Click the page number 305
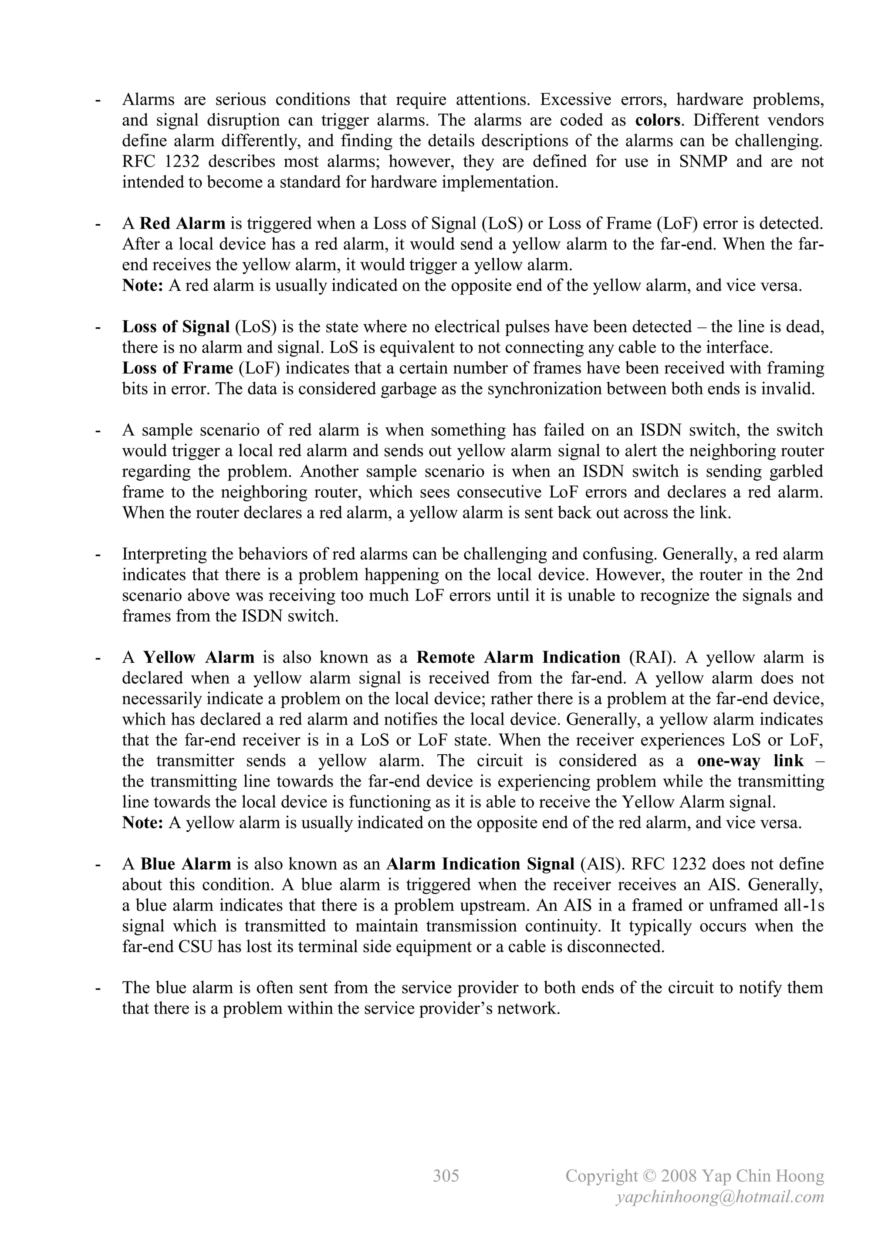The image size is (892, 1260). pyautogui.click(x=446, y=1176)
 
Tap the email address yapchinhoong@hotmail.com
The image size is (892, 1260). pyautogui.click(x=720, y=1197)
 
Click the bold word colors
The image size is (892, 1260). pyautogui.click(x=658, y=120)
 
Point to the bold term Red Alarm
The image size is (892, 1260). pyautogui.click(x=182, y=223)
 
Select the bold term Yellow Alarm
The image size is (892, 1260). pyautogui.click(x=199, y=658)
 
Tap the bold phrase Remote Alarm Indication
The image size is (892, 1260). pyautogui.click(x=518, y=658)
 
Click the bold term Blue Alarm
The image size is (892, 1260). pyautogui.click(x=186, y=864)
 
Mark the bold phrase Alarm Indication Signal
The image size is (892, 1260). pyautogui.click(x=480, y=864)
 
